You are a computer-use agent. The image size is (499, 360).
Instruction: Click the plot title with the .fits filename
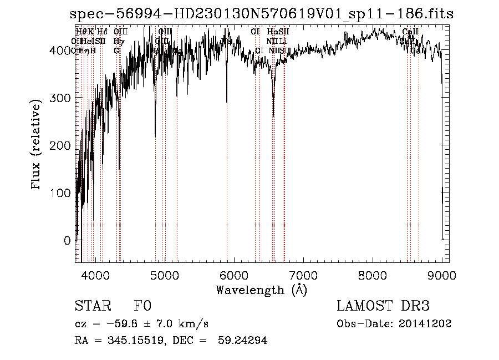point(261,14)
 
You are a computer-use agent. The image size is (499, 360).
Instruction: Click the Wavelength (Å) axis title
point(261,290)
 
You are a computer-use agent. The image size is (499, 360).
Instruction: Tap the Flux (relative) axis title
point(37,145)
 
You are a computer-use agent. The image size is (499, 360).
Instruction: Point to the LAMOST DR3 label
point(383,307)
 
